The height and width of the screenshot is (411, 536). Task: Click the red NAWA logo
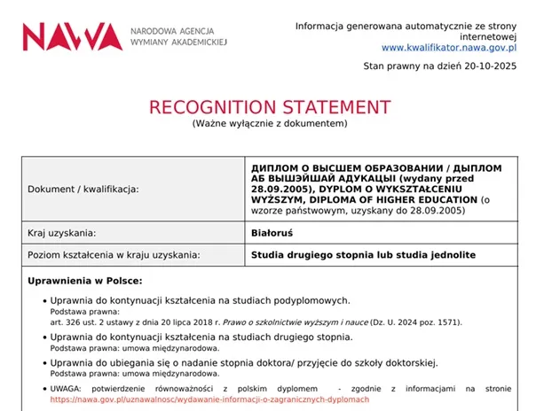pyautogui.click(x=72, y=35)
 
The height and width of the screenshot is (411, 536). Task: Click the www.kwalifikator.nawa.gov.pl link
pyautogui.click(x=450, y=47)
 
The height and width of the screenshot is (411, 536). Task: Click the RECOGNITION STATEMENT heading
pyautogui.click(x=269, y=107)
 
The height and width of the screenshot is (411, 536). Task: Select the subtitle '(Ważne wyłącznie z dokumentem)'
pyautogui.click(x=269, y=124)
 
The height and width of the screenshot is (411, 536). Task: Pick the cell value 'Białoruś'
pyautogui.click(x=273, y=233)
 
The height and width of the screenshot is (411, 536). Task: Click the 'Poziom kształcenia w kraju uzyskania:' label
pyautogui.click(x=114, y=255)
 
